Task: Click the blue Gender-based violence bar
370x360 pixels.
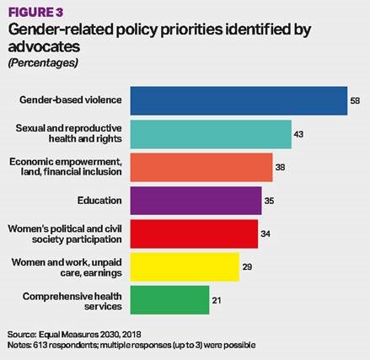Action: pos(239,100)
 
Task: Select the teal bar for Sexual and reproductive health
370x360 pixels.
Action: pos(211,134)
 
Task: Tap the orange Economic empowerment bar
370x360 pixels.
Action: pos(201,167)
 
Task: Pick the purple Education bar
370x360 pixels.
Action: pos(196,201)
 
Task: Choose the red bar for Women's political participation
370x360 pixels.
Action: pos(194,234)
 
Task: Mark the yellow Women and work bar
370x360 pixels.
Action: pos(185,267)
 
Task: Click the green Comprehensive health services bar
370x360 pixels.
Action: pos(169,300)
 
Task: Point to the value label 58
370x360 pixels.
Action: pos(355,100)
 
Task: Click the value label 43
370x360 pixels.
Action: pos(298,134)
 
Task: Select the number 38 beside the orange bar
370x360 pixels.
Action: pos(280,167)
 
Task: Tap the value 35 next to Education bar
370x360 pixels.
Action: pos(269,201)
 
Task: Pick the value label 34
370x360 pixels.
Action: pos(265,234)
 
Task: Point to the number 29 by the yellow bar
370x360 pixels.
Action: pos(247,266)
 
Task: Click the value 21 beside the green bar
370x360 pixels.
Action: pos(217,300)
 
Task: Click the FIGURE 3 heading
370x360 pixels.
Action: pos(36,12)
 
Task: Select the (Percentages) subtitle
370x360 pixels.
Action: pos(43,62)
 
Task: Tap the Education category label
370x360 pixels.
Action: pos(99,201)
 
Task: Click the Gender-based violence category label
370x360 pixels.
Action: pos(71,99)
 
